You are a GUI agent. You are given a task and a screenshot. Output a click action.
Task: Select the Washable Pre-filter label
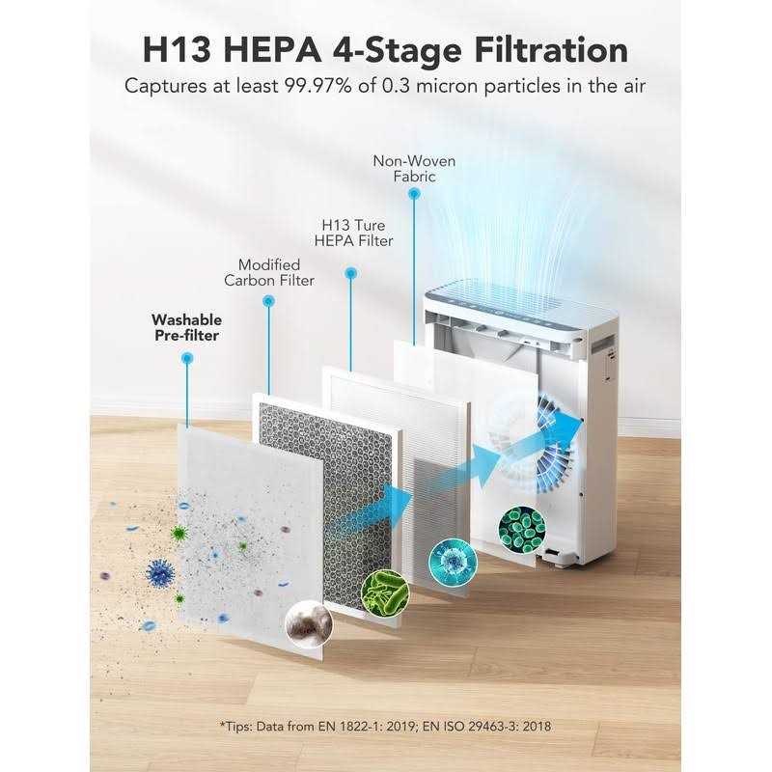coord(186,327)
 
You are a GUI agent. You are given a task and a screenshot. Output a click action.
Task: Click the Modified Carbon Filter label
coord(269,272)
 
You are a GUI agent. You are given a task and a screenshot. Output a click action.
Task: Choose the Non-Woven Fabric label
coord(414,168)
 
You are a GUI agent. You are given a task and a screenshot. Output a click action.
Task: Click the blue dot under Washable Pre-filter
coord(187,358)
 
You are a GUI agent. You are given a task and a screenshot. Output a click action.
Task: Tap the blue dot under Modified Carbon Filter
coord(268,301)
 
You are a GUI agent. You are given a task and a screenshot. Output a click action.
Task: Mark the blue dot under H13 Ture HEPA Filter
coord(350,274)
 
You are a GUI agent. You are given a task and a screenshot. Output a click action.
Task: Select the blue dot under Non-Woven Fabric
coord(414,193)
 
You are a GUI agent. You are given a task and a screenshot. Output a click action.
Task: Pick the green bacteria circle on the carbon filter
coord(383,591)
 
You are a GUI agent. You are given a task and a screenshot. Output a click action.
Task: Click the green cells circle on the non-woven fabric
coord(522,526)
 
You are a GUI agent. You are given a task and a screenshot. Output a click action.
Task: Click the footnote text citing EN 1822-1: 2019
coord(386,725)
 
